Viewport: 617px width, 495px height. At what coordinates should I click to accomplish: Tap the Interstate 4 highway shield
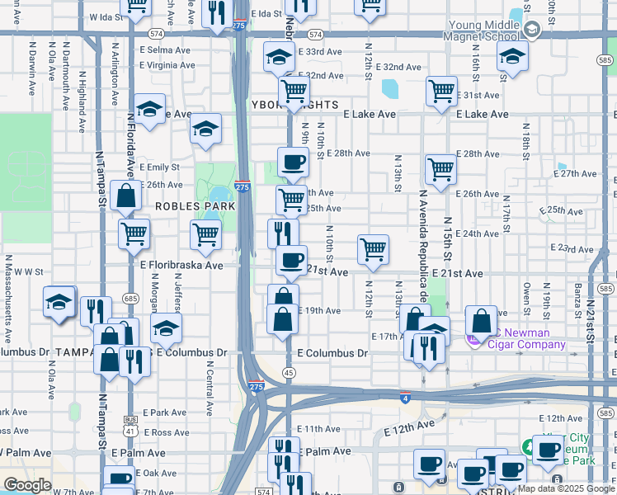tap(404, 398)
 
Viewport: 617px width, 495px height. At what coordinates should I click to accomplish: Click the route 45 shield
tap(289, 373)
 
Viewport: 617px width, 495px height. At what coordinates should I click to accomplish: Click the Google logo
tap(27, 485)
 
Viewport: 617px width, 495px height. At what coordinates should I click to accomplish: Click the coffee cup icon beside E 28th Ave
tap(292, 162)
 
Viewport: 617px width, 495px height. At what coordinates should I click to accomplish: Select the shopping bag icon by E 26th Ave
tap(125, 196)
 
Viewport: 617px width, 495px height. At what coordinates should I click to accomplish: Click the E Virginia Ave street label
tap(167, 64)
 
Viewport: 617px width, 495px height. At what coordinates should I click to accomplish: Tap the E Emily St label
tap(159, 167)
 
